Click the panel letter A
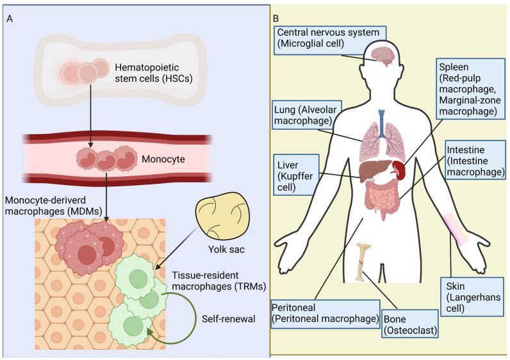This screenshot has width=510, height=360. tap(9, 17)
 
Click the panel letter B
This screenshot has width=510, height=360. tap(276, 18)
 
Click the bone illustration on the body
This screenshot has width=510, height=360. tap(365, 263)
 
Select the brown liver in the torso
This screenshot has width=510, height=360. tap(373, 171)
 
